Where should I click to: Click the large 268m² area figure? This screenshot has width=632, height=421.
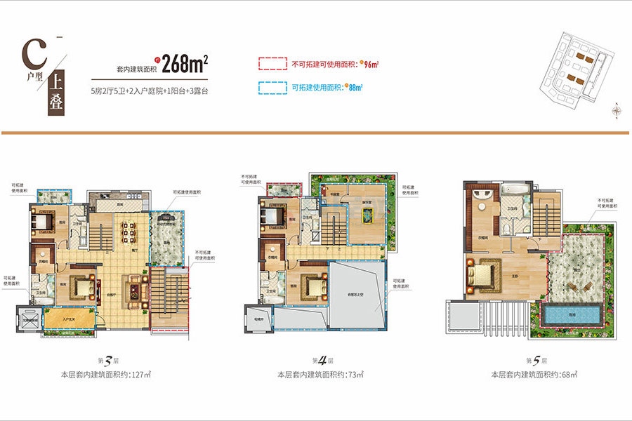[186, 64]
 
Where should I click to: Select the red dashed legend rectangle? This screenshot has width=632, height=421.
[273, 64]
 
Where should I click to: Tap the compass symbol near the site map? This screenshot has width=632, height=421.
[616, 110]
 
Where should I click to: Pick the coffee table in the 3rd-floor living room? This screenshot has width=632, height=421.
[132, 288]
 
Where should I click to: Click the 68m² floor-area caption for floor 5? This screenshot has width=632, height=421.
[536, 375]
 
